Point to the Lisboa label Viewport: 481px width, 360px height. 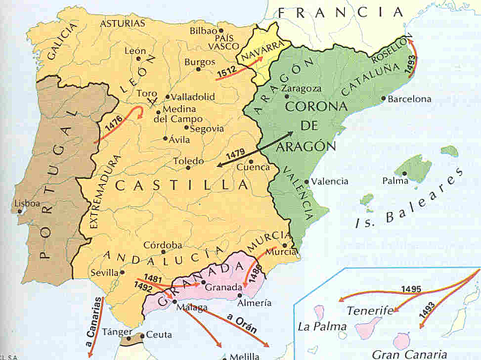pos(27,204)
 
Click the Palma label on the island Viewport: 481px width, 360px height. pos(395,181)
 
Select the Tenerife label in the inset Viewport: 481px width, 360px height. pos(370,310)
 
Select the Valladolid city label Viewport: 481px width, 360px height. pos(193,97)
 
